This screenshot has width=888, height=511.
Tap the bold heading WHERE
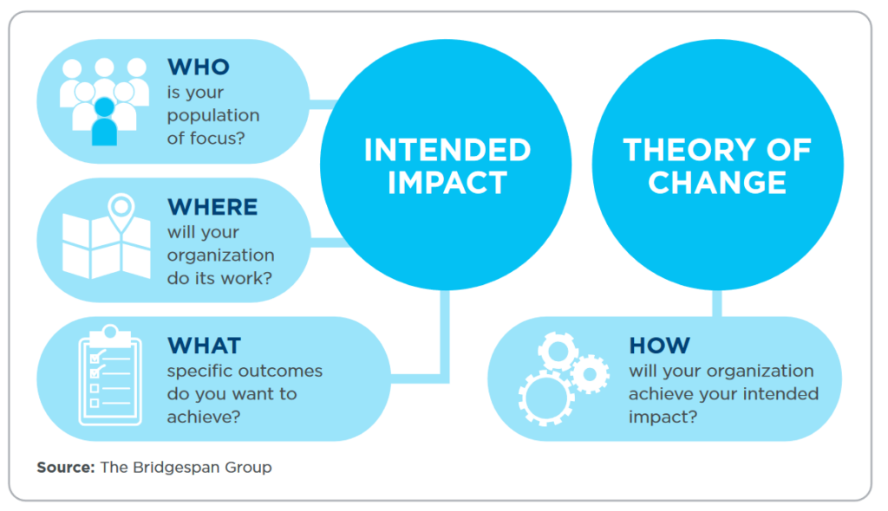pos(212,207)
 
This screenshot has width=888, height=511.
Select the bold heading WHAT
pos(204,346)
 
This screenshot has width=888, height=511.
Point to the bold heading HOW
pos(659,345)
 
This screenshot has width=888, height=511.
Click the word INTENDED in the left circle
pos(447,150)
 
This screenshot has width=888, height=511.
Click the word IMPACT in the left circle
pos(447,183)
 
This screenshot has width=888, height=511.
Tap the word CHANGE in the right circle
pos(716,183)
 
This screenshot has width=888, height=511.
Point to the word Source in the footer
pos(65,468)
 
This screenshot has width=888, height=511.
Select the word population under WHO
pos(213,115)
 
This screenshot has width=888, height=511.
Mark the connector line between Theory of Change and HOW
pos(717,303)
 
